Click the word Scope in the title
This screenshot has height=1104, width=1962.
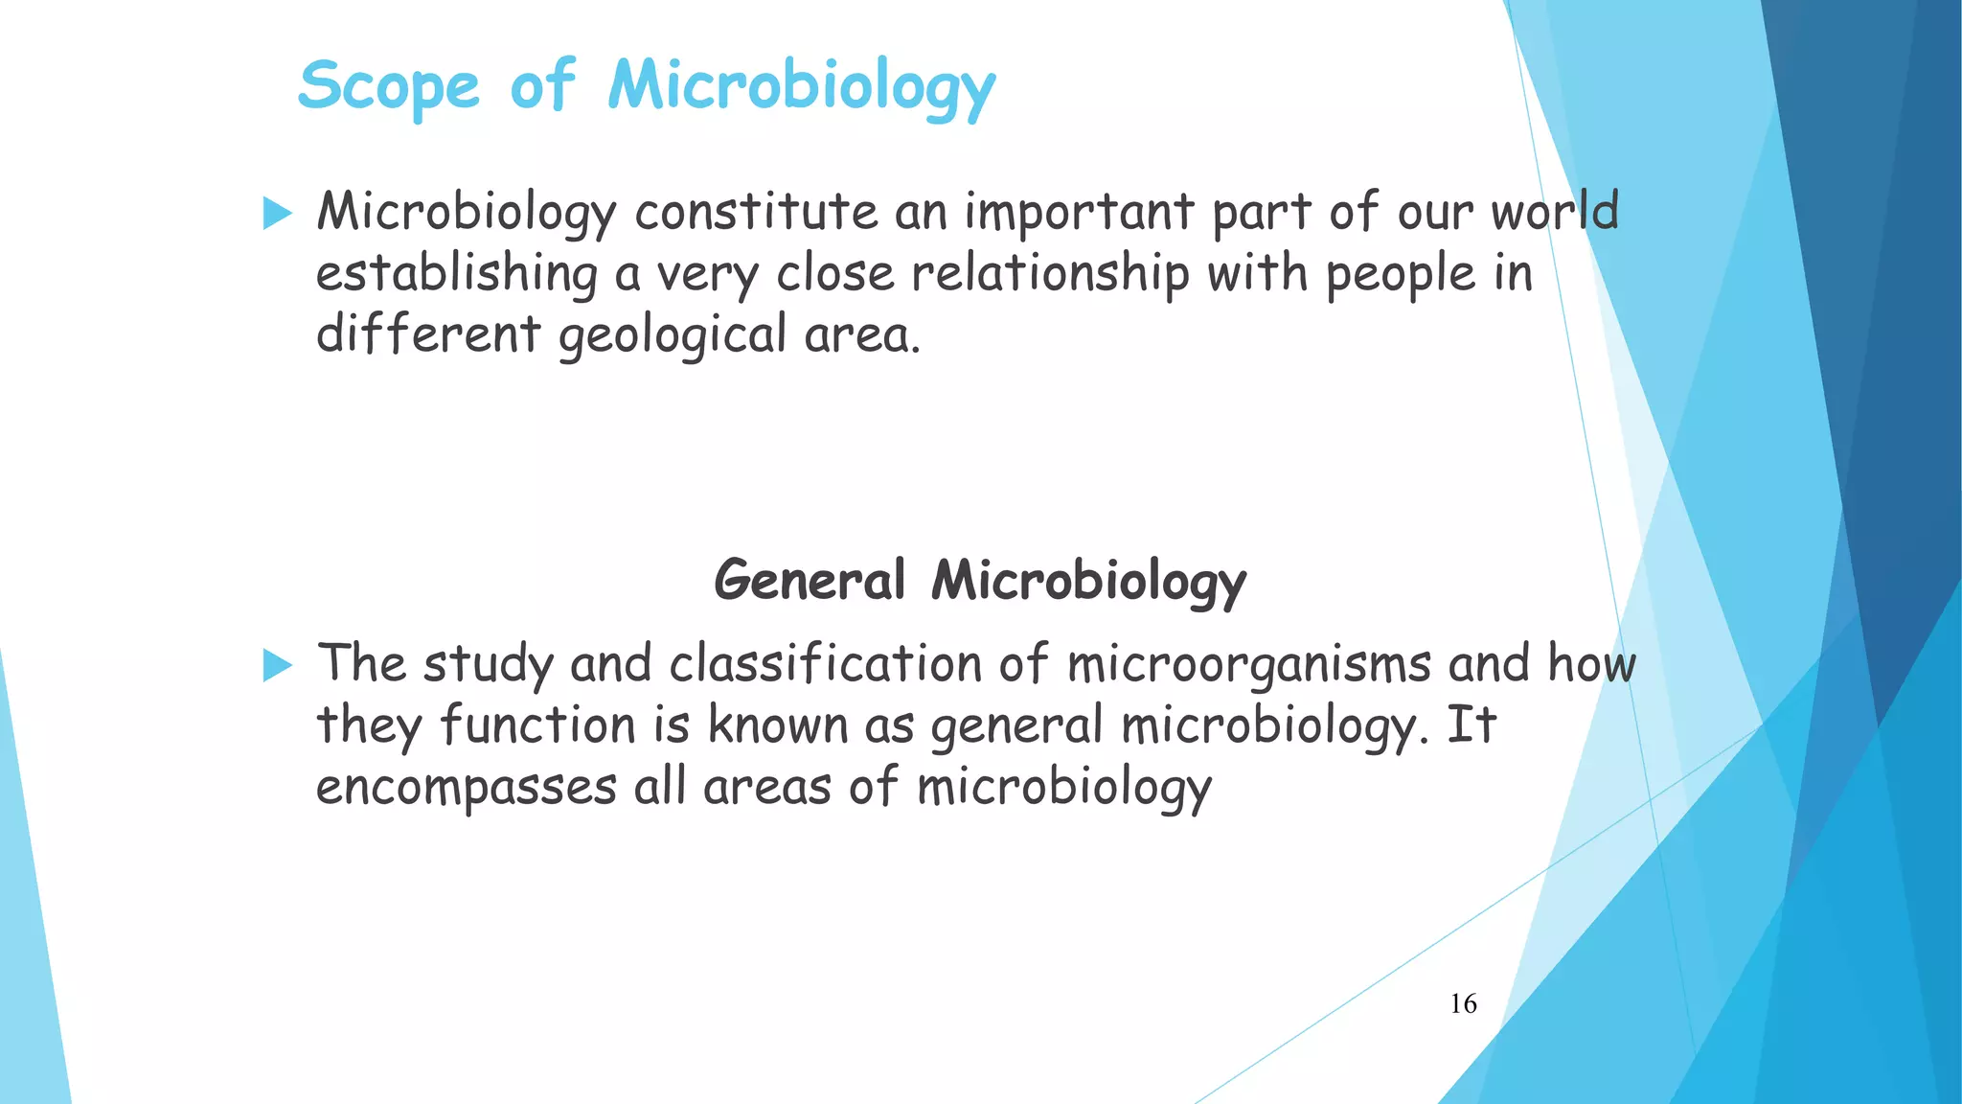pyautogui.click(x=389, y=86)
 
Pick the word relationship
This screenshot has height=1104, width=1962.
pyautogui.click(x=1050, y=274)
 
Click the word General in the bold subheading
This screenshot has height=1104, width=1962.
pyautogui.click(x=810, y=581)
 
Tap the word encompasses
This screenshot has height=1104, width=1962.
pyautogui.click(x=467, y=788)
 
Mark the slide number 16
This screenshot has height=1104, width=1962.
pyautogui.click(x=1463, y=1003)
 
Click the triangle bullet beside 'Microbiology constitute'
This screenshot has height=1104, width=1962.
pyautogui.click(x=276, y=213)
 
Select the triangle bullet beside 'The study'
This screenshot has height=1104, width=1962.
pyautogui.click(x=276, y=664)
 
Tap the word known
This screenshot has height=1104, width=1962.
pyautogui.click(x=778, y=724)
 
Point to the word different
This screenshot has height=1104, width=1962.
pyautogui.click(x=428, y=335)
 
